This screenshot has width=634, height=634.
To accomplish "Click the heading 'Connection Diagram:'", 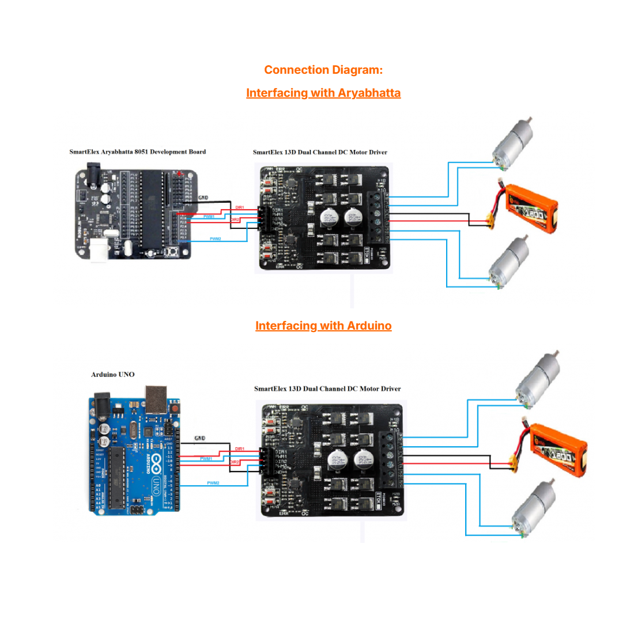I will pos(323,70).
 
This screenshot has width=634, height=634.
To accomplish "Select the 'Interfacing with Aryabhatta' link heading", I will pos(323,93).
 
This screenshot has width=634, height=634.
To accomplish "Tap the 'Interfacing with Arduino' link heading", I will pos(323,326).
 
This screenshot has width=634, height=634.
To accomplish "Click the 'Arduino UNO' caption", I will pos(112,375).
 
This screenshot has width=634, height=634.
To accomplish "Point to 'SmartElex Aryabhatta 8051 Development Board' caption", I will pos(137,152).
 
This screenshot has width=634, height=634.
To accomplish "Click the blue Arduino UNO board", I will pos(134,455).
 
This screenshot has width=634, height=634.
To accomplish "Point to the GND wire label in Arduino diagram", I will pos(199,438).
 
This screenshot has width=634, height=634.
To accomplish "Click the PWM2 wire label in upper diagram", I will pos(215,239).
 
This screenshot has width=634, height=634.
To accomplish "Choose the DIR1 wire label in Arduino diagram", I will pos(239,448).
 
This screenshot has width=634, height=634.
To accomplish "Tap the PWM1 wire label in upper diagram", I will pos(209,217).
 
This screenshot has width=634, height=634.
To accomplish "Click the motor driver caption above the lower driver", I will pos(327,389).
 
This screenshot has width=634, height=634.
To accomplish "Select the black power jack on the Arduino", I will pos(102,403).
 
